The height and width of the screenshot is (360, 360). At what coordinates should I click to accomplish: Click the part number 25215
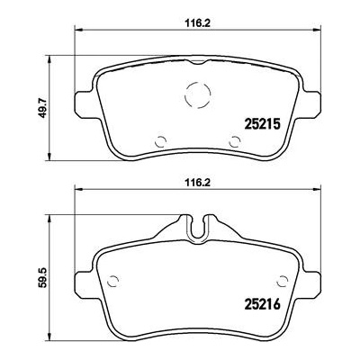point(263,123)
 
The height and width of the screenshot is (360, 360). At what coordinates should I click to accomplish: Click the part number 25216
point(263,304)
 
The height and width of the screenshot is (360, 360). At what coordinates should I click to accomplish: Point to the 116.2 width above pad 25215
point(196,23)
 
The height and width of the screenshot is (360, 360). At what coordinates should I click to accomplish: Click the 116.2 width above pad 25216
point(196,182)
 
